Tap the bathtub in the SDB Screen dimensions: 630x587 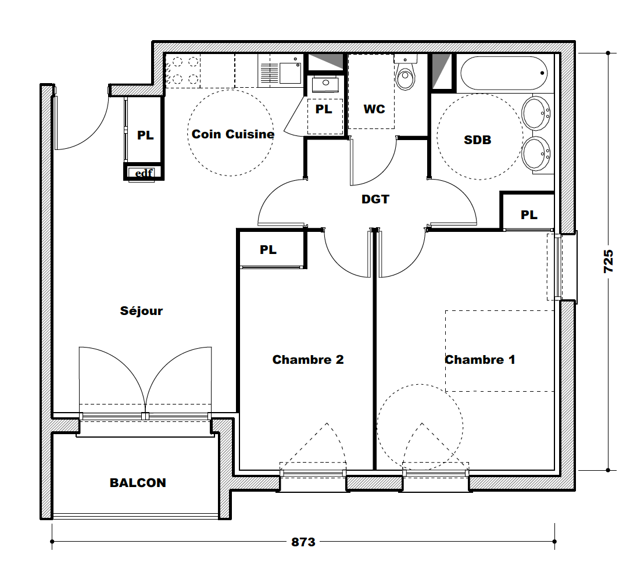[503, 73]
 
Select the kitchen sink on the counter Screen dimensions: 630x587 [281, 73]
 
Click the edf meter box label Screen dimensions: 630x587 [144, 173]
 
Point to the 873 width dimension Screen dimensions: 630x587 [303, 542]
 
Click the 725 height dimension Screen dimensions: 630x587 [608, 261]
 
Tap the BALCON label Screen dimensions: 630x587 [138, 482]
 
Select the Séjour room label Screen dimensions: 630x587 [141, 310]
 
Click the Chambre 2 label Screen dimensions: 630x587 [308, 360]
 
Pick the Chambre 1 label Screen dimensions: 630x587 [479, 360]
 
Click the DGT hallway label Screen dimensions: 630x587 [375, 199]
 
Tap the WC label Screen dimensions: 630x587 [374, 109]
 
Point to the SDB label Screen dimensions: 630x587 [477, 140]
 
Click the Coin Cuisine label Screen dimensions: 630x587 [233, 134]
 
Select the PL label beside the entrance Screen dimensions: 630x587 [145, 135]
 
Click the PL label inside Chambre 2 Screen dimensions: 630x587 [268, 250]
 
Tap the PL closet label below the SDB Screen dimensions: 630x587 [529, 215]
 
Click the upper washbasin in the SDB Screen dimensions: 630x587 [536, 113]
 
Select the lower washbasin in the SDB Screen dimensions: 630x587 [536, 153]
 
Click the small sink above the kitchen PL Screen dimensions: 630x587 [325, 84]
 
